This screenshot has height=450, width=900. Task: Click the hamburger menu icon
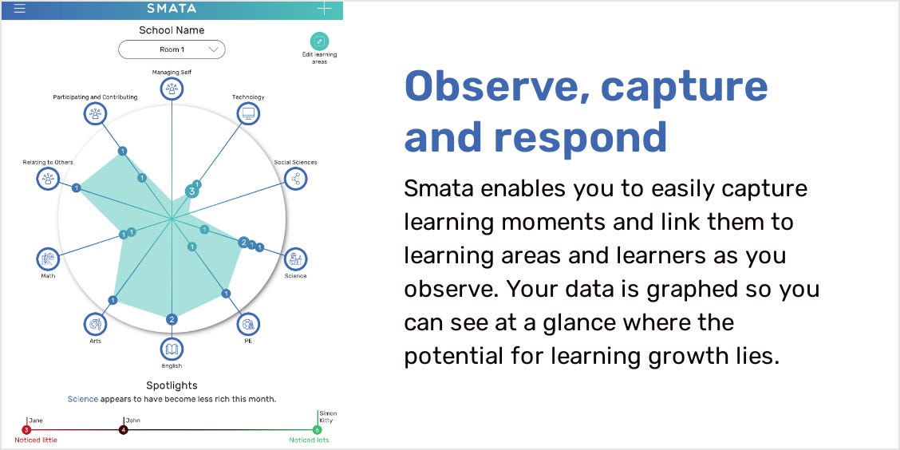(x=19, y=9)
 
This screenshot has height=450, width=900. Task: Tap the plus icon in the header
(x=324, y=9)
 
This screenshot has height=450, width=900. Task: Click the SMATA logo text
(x=172, y=9)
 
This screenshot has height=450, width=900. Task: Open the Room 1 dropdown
(x=172, y=50)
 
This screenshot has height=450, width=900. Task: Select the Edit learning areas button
(x=319, y=42)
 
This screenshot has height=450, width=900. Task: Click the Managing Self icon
(x=172, y=89)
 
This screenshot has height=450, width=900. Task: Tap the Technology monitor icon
(x=248, y=113)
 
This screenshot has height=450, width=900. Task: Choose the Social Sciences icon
(x=296, y=179)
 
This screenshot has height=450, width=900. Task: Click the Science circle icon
(x=295, y=259)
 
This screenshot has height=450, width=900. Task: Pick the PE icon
(x=248, y=324)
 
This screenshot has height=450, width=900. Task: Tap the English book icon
(x=172, y=349)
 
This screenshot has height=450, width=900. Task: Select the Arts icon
(x=95, y=324)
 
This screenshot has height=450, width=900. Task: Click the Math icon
(x=48, y=259)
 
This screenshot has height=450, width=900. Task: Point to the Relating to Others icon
(x=48, y=179)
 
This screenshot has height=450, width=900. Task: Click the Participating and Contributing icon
(x=95, y=113)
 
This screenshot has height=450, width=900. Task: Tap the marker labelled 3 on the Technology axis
(x=191, y=191)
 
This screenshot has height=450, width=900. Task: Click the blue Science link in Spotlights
(x=83, y=399)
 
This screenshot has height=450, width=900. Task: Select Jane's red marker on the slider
(x=26, y=430)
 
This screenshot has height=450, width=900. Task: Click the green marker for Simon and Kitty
(x=317, y=430)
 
